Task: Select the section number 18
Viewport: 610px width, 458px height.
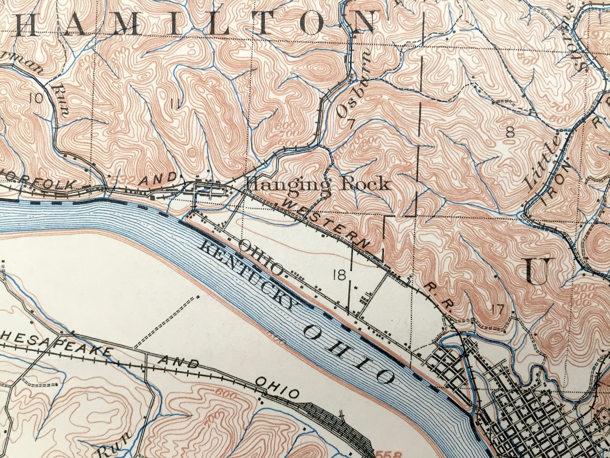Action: click(x=340, y=275)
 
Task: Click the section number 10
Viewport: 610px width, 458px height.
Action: click(x=36, y=99)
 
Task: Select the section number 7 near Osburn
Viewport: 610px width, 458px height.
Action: click(x=350, y=124)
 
